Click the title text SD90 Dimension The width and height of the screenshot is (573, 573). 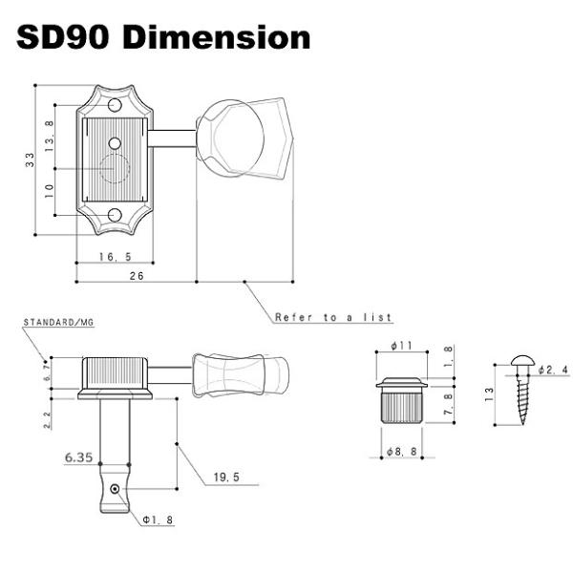[x=163, y=37]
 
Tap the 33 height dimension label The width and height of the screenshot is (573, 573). [x=30, y=160]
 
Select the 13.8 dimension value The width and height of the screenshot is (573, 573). [x=50, y=137]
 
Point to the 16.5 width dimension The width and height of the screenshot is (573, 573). [x=116, y=257]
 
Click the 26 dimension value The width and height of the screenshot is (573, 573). [x=137, y=276]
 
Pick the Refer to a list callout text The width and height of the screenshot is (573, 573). [x=333, y=317]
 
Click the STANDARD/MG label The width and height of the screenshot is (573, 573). [x=59, y=323]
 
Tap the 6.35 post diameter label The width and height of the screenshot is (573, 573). [x=79, y=457]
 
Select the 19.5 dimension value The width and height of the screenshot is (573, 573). [x=226, y=477]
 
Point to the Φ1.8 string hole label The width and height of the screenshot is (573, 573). [x=158, y=520]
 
